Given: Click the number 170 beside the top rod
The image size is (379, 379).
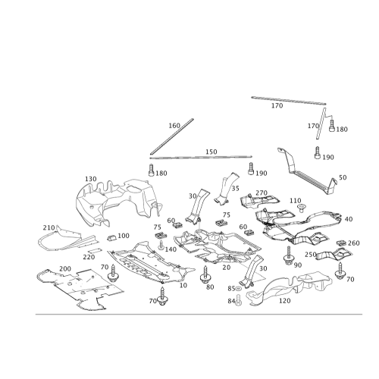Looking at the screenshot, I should point(277,105).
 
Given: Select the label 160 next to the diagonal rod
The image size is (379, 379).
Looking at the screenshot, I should point(174,124).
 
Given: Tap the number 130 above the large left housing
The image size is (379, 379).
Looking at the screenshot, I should point(90,178).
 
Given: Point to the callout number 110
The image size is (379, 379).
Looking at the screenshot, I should point(295,199).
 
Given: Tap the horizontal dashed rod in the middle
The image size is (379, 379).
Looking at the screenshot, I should point(201,157).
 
